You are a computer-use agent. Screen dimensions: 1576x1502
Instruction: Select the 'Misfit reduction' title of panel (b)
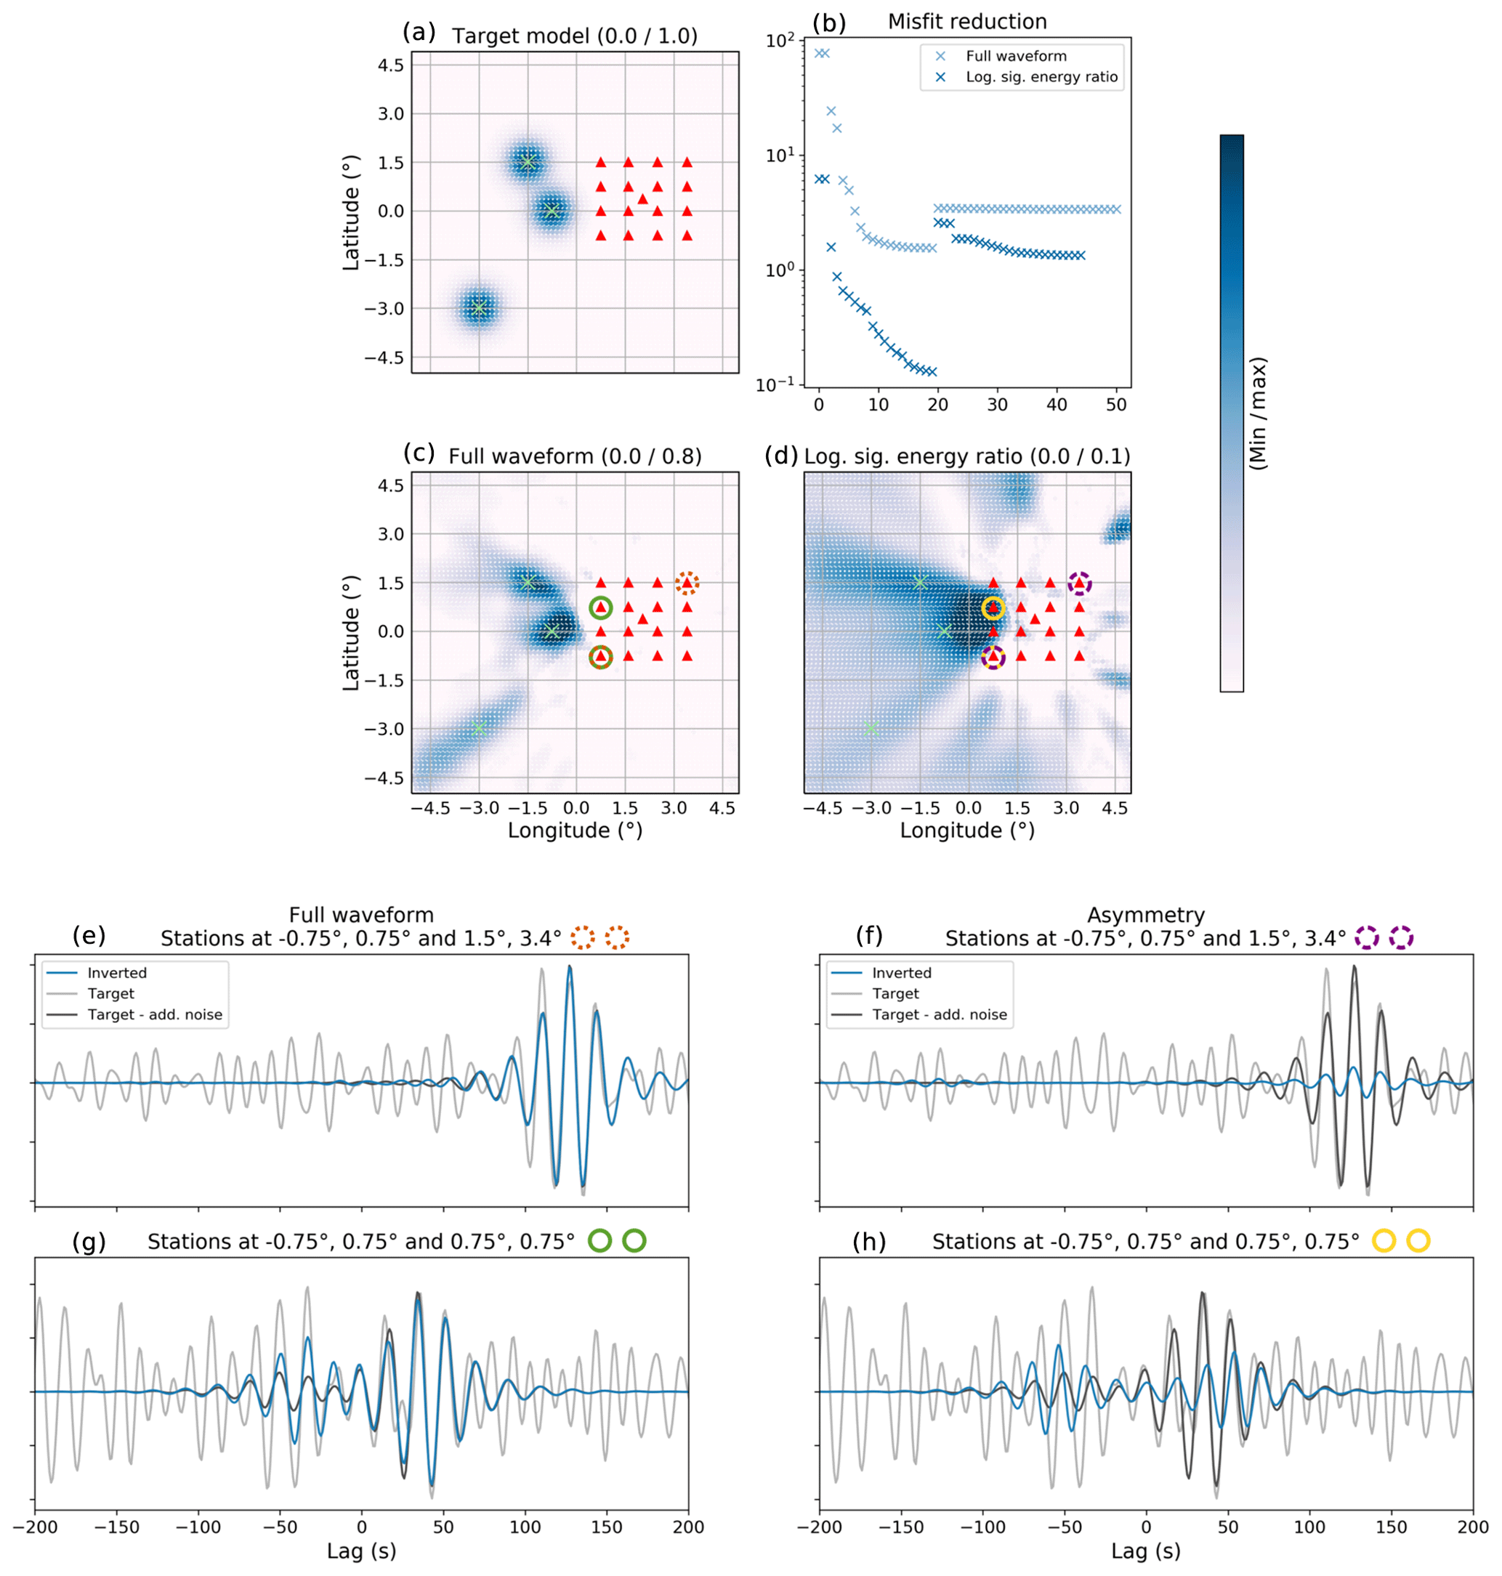(967, 22)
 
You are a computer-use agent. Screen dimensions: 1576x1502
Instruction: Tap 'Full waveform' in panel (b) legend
(1016, 56)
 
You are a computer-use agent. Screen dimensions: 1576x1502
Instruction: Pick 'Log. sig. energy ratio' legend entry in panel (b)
(1041, 77)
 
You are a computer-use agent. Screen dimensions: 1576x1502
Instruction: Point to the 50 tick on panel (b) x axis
(1116, 405)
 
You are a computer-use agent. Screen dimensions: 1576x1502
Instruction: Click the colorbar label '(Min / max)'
(1258, 413)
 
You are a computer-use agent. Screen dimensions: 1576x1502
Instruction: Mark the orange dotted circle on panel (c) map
(687, 583)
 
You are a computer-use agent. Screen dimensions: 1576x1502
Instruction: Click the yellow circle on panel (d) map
(993, 608)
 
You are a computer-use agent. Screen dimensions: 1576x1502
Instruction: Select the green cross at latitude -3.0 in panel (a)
(479, 308)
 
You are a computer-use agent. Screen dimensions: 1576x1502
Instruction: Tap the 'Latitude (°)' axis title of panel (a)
(352, 212)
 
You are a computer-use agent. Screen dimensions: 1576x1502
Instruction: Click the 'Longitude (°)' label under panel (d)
(967, 830)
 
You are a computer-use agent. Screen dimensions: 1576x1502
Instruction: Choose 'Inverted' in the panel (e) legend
(117, 972)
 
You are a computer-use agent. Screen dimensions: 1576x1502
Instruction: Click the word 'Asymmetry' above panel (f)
(1146, 915)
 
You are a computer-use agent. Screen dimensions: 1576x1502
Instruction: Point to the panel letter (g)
(88, 1242)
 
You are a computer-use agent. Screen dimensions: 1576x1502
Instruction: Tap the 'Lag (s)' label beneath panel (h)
(1146, 1551)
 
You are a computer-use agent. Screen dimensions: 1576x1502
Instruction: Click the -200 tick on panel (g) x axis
(34, 1527)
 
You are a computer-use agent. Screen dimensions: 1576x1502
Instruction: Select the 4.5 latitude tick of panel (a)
(391, 65)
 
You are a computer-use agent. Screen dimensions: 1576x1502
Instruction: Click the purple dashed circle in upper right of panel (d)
(1079, 583)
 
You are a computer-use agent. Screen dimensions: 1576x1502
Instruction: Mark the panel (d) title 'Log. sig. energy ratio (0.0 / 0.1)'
(967, 456)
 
